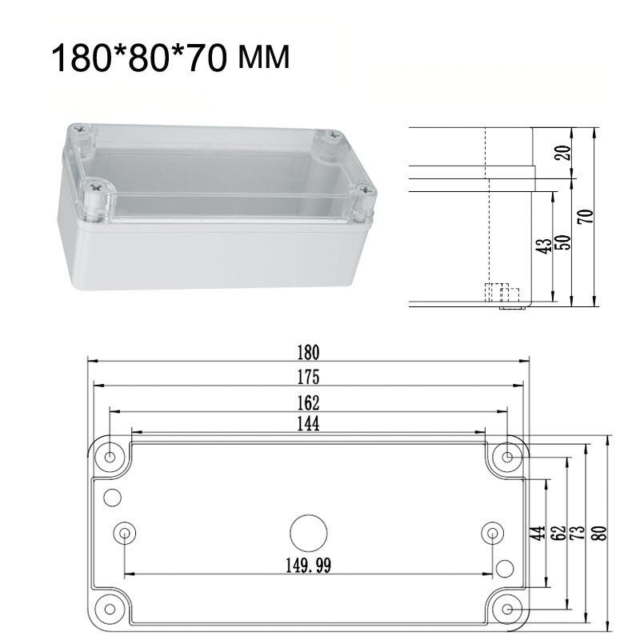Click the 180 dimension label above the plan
[x=308, y=351]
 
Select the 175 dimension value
[x=308, y=376]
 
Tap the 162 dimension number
[x=308, y=401]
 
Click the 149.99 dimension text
[x=308, y=566]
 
